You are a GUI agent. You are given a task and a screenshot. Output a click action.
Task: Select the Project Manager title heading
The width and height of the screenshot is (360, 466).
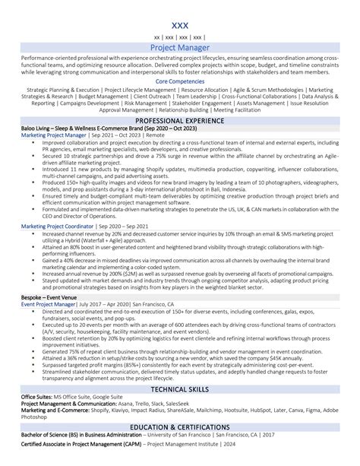pyautogui.click(x=180, y=47)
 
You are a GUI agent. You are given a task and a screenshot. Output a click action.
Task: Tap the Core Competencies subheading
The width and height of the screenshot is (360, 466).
pyautogui.click(x=180, y=80)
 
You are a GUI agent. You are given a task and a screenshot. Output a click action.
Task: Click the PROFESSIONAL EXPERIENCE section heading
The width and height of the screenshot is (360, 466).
pyautogui.click(x=180, y=121)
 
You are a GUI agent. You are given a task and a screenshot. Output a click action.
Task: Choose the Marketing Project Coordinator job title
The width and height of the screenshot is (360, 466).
pyautogui.click(x=58, y=226)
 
